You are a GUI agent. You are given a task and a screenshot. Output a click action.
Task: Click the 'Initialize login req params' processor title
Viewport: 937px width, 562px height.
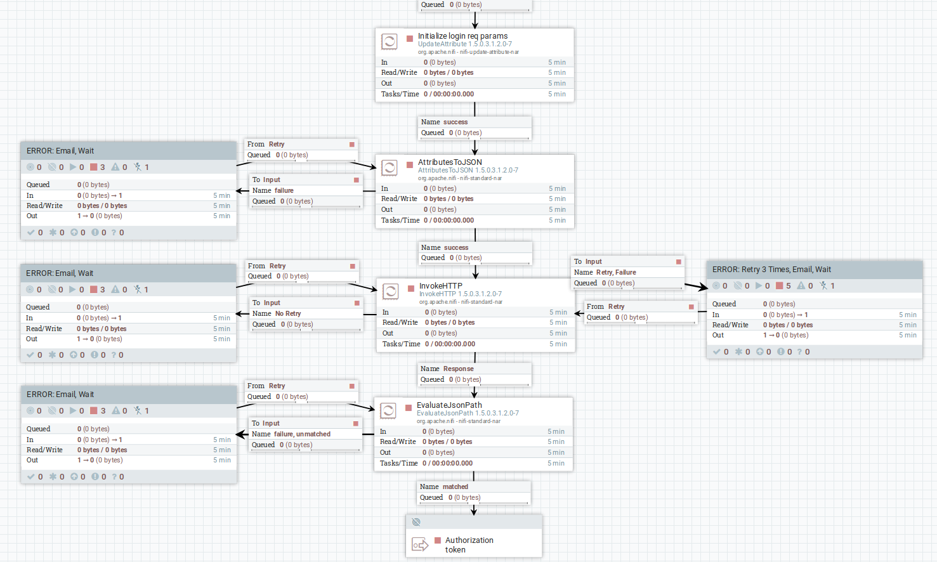(462, 36)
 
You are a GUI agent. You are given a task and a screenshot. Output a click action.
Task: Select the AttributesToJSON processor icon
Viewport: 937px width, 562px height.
(389, 168)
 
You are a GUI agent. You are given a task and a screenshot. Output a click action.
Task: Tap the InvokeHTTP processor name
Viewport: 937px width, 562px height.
(440, 286)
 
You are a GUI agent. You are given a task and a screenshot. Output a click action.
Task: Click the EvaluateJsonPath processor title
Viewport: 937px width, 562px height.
(449, 405)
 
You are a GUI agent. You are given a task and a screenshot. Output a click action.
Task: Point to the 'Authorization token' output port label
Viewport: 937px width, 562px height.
(469, 545)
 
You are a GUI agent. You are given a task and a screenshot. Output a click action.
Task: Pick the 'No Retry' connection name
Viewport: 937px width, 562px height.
(288, 313)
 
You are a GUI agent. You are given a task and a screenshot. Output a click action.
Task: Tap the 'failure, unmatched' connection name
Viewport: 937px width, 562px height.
(302, 434)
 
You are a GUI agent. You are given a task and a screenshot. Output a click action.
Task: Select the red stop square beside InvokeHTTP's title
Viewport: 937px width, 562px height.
(411, 289)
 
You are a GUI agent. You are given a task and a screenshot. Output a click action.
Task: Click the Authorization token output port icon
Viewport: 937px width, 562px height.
(420, 545)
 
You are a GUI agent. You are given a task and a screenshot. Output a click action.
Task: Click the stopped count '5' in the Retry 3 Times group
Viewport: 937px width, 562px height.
(789, 286)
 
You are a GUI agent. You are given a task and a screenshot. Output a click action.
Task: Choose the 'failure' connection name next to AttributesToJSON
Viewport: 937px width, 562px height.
(284, 190)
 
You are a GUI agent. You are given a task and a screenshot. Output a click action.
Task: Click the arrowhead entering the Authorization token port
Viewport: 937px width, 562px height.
(474, 511)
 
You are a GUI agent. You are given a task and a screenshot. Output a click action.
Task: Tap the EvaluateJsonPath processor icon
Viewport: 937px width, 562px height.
(388, 411)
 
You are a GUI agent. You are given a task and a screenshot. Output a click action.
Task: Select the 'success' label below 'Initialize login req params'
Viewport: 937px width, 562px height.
(455, 122)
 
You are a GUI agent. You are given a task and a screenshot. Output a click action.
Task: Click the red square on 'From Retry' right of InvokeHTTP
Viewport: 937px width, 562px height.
(691, 307)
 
